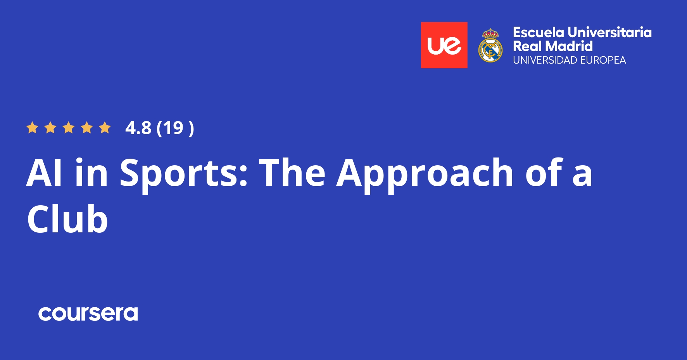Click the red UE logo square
pyautogui.click(x=444, y=45)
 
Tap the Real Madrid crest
pyautogui.click(x=490, y=46)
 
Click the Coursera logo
pyautogui.click(x=88, y=313)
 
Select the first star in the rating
pyautogui.click(x=32, y=128)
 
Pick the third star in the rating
pyautogui.click(x=69, y=128)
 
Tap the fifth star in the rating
pyautogui.click(x=105, y=128)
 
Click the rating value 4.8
pyautogui.click(x=138, y=128)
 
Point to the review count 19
pyautogui.click(x=173, y=128)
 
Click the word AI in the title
pyautogui.click(x=44, y=173)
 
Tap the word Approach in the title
pyautogui.click(x=425, y=173)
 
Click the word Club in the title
pyautogui.click(x=67, y=220)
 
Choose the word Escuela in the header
pyautogui.click(x=539, y=33)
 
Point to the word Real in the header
pyautogui.click(x=527, y=47)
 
